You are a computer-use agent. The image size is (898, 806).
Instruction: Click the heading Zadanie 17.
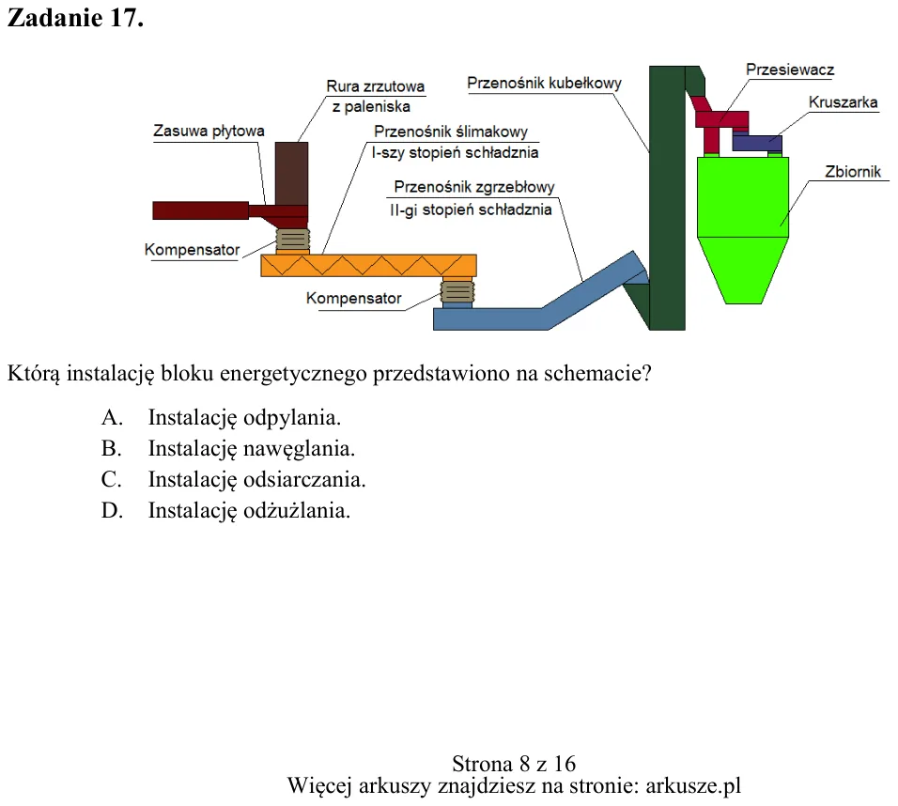click(75, 18)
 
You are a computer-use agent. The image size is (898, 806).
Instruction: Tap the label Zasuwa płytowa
click(209, 132)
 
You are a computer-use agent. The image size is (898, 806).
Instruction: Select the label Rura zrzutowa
click(375, 86)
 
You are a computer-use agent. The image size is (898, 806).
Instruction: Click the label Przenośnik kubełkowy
click(544, 83)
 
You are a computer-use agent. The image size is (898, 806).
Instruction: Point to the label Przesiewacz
click(790, 70)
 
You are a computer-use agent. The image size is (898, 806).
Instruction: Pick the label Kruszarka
click(843, 102)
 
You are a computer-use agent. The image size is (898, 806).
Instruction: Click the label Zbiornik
click(853, 172)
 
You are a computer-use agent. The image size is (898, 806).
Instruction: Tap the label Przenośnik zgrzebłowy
click(474, 187)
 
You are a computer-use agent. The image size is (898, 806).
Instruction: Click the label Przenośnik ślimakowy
click(451, 132)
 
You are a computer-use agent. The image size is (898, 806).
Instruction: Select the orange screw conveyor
click(369, 266)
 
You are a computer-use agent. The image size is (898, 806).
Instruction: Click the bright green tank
click(743, 229)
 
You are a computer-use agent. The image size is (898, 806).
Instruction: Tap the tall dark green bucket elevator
click(667, 197)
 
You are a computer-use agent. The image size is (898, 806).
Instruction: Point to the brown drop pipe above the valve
click(291, 174)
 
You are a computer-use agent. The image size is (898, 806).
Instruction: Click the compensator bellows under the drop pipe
click(293, 240)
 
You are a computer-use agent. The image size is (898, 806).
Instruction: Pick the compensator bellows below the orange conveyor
click(457, 291)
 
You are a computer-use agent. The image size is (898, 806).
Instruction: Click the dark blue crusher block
click(757, 143)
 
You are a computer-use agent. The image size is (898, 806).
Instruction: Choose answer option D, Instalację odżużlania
click(225, 510)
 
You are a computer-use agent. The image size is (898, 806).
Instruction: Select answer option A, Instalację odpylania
click(221, 418)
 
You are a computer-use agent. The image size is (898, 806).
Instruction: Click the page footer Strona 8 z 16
click(514, 764)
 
